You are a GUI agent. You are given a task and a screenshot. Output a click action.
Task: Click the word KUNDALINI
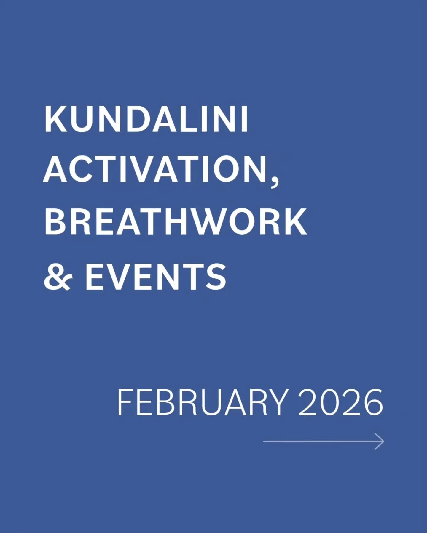coord(146,120)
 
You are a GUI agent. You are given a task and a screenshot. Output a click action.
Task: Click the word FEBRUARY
coord(202,403)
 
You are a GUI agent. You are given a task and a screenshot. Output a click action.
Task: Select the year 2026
coord(341,403)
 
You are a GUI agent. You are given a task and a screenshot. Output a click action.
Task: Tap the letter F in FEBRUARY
coord(125,403)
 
